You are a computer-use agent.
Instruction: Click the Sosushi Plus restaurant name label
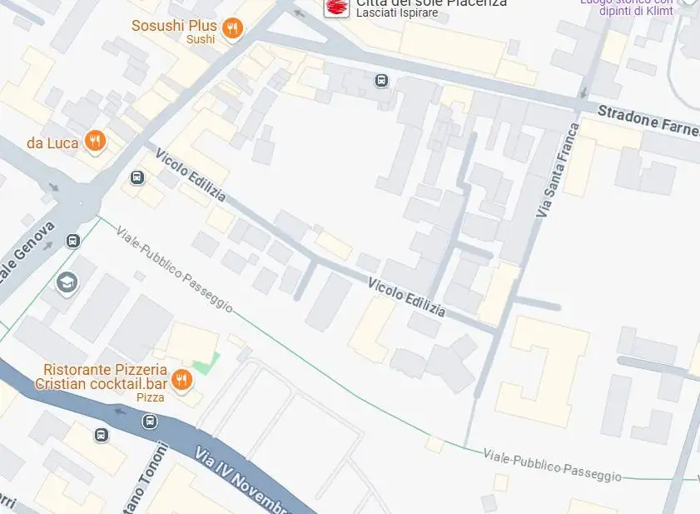(174, 26)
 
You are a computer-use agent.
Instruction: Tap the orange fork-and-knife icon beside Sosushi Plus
(233, 28)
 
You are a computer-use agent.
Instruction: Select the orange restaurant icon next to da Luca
(96, 142)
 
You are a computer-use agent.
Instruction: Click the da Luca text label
(52, 142)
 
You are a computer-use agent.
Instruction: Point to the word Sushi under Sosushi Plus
(201, 40)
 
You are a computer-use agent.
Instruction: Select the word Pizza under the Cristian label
(151, 397)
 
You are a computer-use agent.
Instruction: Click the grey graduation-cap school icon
(67, 283)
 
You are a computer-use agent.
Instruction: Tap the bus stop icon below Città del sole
(381, 81)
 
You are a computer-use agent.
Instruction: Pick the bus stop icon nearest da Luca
(137, 177)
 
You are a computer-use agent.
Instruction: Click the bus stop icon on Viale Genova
(73, 242)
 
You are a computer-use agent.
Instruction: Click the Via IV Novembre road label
(241, 481)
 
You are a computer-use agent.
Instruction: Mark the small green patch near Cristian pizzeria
(206, 364)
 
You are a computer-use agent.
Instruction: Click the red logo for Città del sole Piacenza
(336, 7)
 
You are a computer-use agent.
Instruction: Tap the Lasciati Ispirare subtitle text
(397, 13)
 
